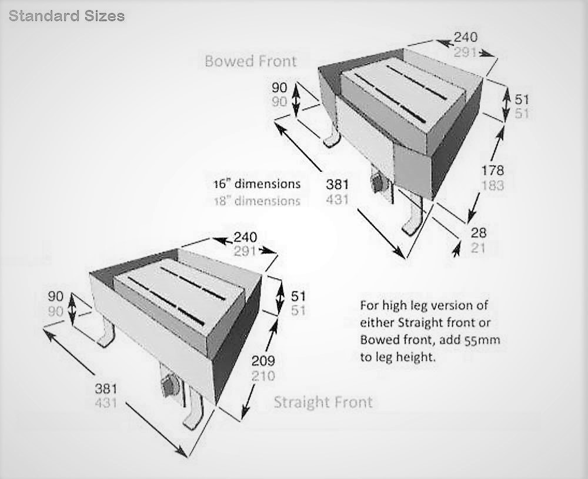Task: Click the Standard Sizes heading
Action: [66, 16]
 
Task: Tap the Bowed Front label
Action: [250, 61]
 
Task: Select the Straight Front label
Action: [323, 403]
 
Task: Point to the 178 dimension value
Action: [492, 170]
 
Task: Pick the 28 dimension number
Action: [478, 234]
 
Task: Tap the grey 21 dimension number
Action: [478, 248]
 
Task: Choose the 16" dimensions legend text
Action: [256, 184]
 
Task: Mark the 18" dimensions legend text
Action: [256, 201]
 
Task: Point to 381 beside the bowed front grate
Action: [337, 184]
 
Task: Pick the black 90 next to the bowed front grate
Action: [279, 88]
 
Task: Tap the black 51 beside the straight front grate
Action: [298, 296]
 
